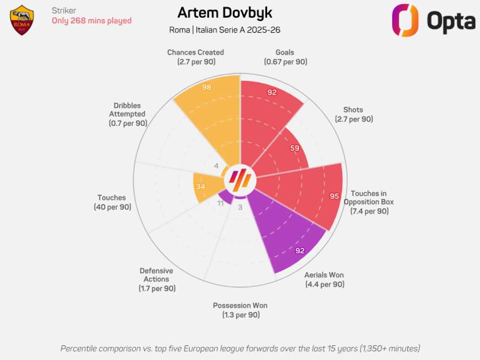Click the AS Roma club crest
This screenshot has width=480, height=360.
22,20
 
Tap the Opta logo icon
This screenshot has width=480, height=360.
404,20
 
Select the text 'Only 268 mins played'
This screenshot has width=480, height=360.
91,21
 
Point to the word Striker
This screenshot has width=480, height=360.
63,10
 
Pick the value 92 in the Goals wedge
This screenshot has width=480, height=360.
272,92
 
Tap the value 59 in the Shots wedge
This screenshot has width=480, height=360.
294,148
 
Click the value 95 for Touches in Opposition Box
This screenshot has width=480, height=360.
334,196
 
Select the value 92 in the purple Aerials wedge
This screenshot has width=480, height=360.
299,250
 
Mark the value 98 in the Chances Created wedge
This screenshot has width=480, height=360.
207,87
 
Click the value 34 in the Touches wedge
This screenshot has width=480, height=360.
201,187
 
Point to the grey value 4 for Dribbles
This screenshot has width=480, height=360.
216,166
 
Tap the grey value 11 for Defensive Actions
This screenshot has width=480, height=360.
220,204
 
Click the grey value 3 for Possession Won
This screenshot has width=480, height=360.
240,207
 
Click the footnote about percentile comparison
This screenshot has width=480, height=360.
240,348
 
